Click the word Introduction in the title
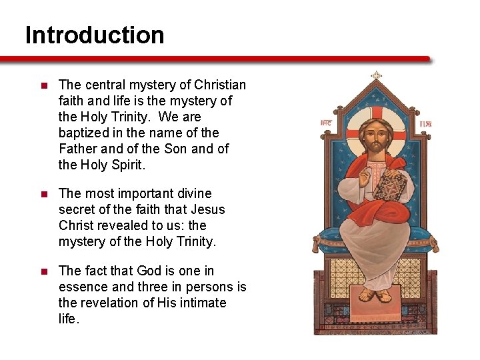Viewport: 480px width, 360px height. tap(95, 35)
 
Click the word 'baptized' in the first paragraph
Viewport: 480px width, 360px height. tap(82, 133)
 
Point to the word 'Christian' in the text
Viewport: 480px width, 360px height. tap(221, 85)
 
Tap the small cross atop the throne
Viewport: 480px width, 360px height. tap(376, 75)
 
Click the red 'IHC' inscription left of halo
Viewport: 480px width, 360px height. tap(326, 123)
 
